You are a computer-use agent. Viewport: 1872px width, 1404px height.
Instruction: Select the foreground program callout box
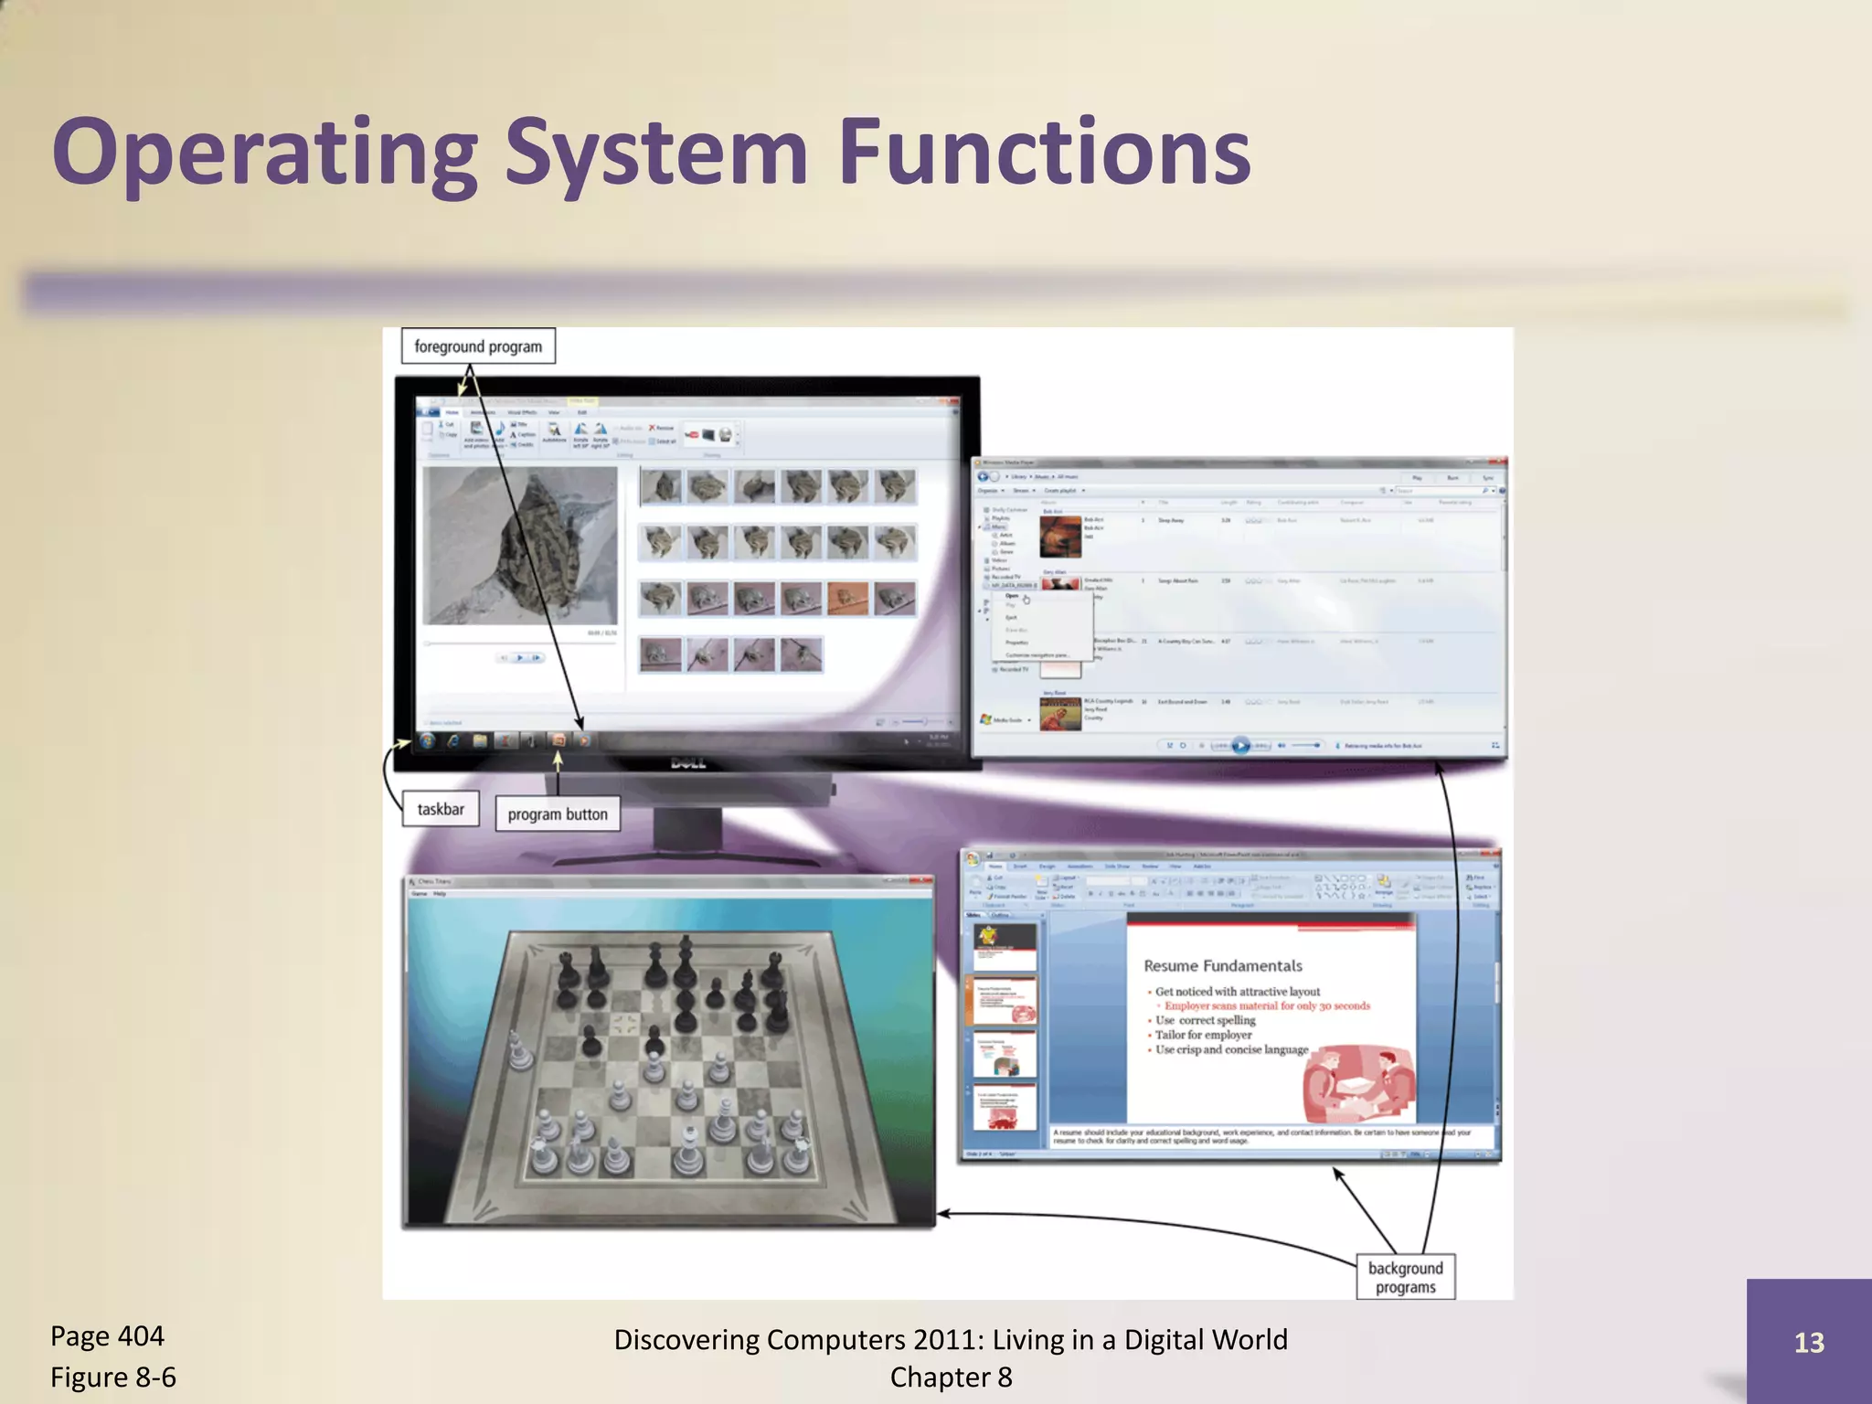click(478, 346)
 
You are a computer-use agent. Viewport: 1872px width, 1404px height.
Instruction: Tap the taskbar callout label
click(441, 809)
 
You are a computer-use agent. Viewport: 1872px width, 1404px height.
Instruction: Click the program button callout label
click(558, 814)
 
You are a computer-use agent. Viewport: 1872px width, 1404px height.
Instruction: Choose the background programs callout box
click(1405, 1277)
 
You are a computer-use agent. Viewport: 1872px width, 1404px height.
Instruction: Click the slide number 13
click(1808, 1342)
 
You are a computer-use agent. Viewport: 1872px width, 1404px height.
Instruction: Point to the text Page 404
click(107, 1336)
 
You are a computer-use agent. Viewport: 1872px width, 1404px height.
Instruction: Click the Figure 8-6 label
click(113, 1377)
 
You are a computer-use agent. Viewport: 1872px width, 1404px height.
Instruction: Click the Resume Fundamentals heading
click(1222, 966)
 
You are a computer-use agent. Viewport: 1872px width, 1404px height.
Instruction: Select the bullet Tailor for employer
click(1203, 1035)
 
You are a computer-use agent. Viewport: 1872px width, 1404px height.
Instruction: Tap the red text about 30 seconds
click(1267, 1005)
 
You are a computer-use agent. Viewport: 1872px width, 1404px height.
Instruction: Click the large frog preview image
click(520, 546)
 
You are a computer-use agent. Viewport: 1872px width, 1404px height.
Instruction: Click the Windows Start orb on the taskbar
click(427, 741)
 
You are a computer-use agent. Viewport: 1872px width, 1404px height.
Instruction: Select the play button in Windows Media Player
click(1239, 746)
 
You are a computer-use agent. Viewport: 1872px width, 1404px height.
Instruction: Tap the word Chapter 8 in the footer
click(951, 1377)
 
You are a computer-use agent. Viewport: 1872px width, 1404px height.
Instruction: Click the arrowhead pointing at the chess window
click(944, 1214)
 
